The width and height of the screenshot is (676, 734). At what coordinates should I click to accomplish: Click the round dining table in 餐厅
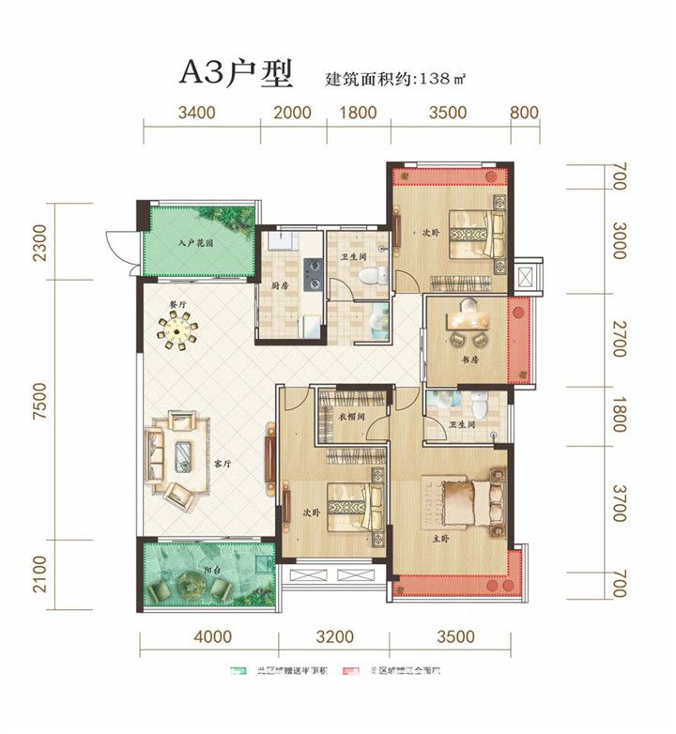[177, 329]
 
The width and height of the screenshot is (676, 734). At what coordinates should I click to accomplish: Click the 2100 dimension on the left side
[37, 569]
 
